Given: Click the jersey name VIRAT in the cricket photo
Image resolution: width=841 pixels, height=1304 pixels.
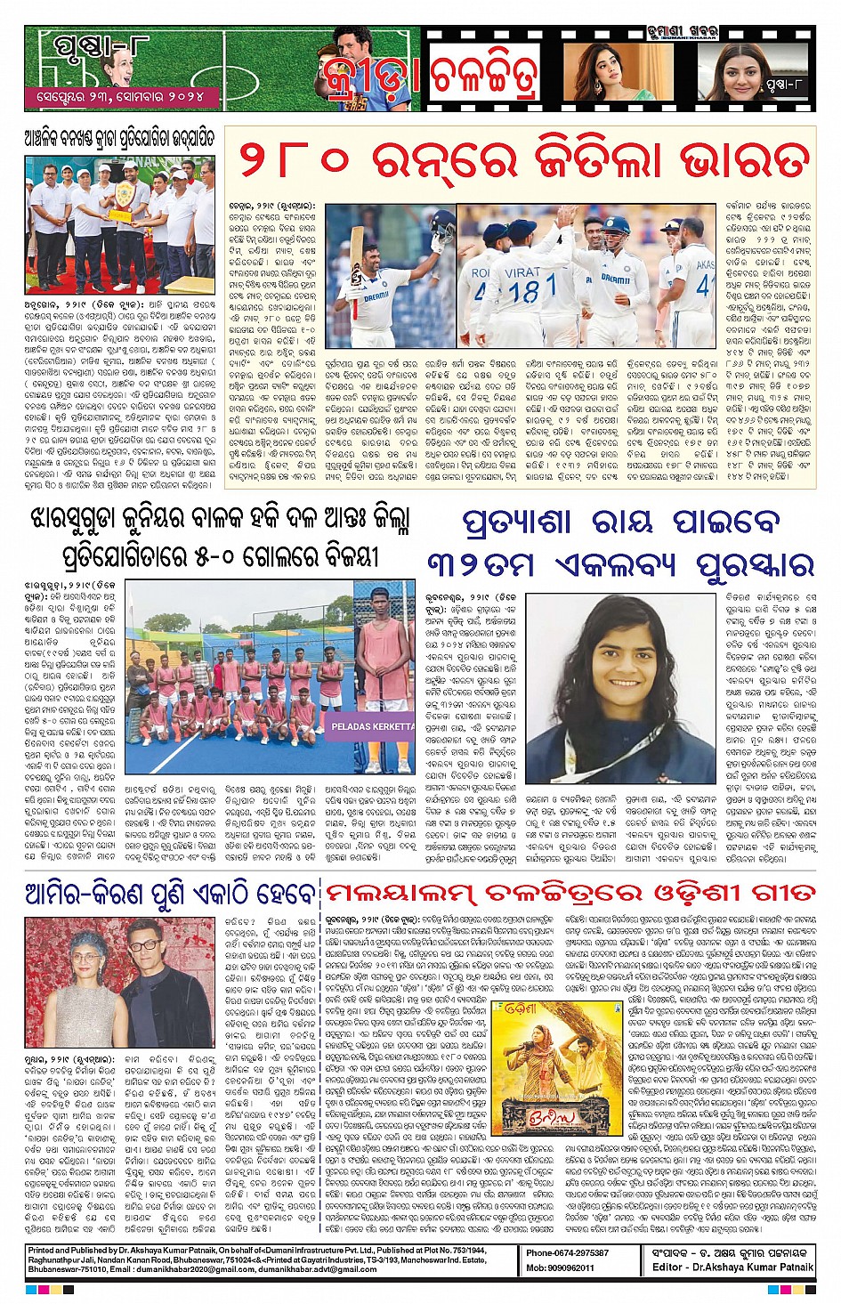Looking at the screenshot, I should tap(522, 272).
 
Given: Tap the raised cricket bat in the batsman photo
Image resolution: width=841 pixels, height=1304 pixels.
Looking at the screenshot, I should tap(362, 241).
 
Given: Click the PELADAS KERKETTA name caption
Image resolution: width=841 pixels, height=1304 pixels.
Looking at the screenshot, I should tap(372, 726).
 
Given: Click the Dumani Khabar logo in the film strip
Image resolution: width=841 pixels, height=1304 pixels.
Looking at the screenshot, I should tap(683, 35).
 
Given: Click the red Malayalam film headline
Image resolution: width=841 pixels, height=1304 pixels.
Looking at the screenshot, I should tap(570, 893).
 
